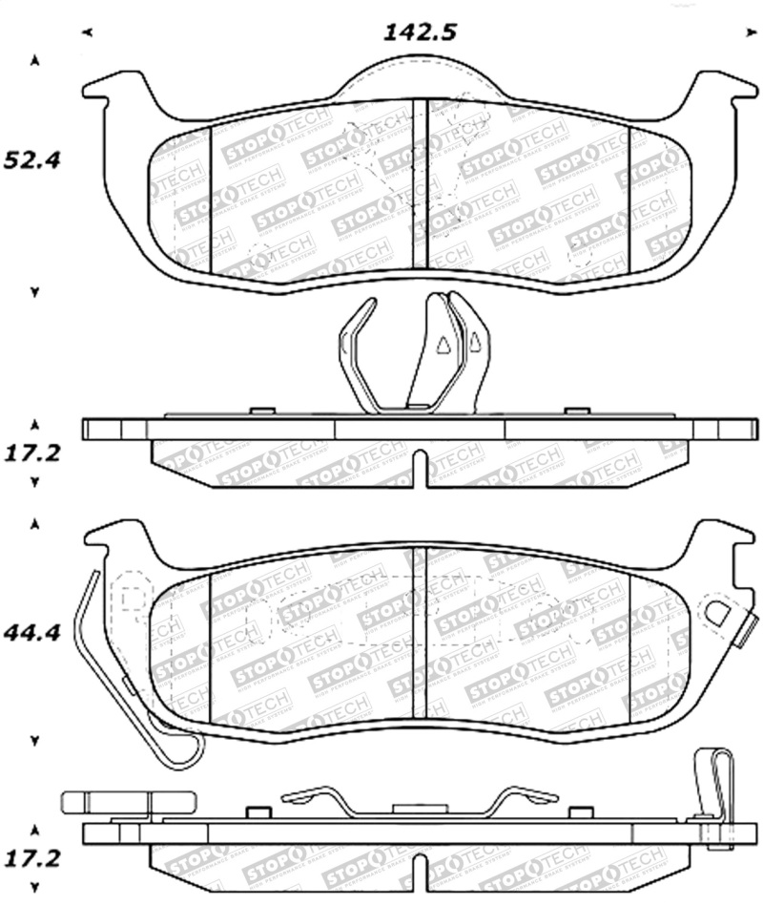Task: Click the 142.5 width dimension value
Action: (x=420, y=32)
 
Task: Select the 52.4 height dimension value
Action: (x=32, y=159)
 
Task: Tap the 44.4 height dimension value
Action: (x=32, y=632)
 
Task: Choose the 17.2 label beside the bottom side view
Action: (x=32, y=858)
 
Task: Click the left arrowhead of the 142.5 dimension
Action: (x=87, y=33)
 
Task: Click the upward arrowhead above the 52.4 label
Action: (x=35, y=61)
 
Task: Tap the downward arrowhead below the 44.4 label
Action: (x=35, y=740)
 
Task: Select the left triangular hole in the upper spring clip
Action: (x=443, y=347)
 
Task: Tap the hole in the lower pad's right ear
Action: (x=717, y=612)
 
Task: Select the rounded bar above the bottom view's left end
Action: (x=128, y=802)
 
